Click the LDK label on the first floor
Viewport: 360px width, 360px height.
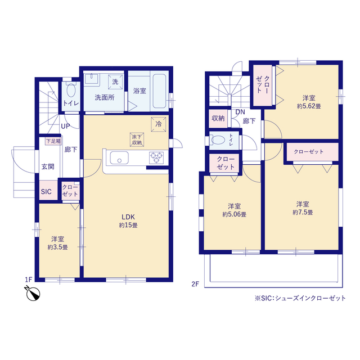[x=128, y=217]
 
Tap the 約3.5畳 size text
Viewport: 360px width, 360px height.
[x=57, y=247]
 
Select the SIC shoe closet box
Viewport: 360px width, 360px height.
[x=48, y=190]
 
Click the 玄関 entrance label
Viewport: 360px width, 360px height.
[x=48, y=166]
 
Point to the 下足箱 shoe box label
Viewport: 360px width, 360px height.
[x=53, y=141]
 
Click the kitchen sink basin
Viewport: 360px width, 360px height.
[x=119, y=157]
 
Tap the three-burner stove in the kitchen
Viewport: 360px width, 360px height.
[x=156, y=157]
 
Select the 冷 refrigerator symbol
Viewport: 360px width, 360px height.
[x=159, y=124]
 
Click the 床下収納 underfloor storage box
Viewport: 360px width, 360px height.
[x=137, y=139]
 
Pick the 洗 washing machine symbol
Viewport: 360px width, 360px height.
[x=115, y=82]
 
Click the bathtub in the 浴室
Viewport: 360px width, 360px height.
[x=159, y=91]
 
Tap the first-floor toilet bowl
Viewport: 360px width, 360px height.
[x=71, y=91]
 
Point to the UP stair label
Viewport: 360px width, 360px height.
[x=65, y=126]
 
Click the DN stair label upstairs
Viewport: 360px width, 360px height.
[x=240, y=112]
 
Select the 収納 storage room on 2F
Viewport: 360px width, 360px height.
[x=218, y=119]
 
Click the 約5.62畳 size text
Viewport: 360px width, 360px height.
[x=309, y=106]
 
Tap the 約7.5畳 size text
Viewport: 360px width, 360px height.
[x=303, y=213]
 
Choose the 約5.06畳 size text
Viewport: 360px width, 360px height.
[x=234, y=214]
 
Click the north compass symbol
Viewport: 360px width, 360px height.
[x=33, y=294]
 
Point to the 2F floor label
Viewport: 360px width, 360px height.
[x=195, y=284]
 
